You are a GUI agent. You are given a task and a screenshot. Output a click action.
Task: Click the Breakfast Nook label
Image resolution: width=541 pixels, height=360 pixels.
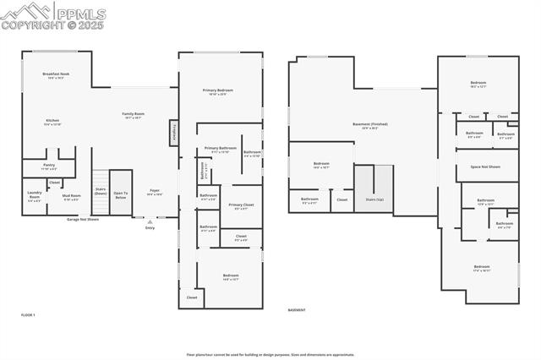[56, 75]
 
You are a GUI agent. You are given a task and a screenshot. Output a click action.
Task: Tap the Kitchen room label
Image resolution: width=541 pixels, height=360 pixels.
[52, 122]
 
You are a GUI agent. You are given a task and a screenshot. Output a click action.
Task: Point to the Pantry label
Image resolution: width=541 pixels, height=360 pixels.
[49, 166]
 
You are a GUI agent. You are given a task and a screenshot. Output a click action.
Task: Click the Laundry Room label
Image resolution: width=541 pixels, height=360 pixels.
[34, 198]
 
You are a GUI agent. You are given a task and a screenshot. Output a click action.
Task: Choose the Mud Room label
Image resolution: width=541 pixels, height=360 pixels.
[72, 198]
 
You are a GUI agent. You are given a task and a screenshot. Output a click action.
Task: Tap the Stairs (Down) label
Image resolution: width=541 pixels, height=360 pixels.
[101, 191]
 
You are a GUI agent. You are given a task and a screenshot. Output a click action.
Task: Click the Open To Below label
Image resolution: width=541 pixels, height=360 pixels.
[121, 195]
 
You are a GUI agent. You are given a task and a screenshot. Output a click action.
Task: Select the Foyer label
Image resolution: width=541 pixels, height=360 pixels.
[155, 192]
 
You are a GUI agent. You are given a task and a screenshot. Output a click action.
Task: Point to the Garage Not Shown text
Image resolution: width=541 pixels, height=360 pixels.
[83, 219]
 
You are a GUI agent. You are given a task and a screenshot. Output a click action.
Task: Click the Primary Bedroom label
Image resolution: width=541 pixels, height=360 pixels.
[217, 91]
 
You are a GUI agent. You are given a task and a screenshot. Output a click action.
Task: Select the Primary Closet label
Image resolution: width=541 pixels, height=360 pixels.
[241, 206]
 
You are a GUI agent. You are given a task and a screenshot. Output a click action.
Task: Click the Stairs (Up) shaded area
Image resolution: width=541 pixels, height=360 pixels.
[374, 189]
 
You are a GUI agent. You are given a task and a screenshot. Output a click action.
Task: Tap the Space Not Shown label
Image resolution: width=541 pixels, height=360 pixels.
[484, 166]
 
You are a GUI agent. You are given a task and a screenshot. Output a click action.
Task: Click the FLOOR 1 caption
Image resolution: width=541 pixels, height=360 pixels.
[29, 314]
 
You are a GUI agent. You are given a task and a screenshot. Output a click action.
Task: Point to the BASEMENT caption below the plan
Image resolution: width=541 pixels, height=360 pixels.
[297, 310]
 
